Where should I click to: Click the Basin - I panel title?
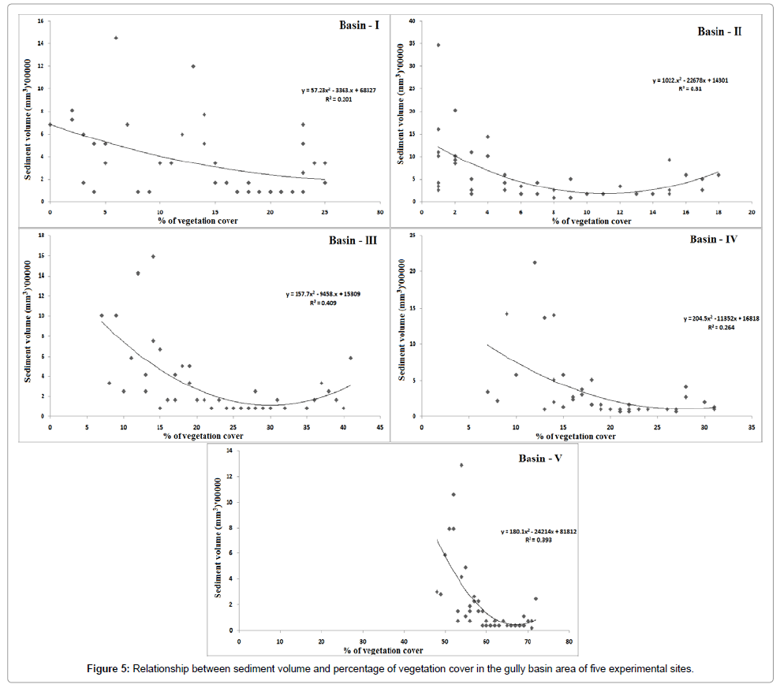(353, 24)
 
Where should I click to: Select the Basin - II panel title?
(718, 32)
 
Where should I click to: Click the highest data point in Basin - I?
(116, 38)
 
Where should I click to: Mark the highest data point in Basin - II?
(439, 45)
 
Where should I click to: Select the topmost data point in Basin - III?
(153, 256)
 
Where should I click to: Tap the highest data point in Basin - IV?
(535, 262)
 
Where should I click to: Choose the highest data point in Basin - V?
(461, 465)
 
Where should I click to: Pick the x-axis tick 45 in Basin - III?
(380, 426)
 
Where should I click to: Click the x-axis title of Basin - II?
(592, 221)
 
